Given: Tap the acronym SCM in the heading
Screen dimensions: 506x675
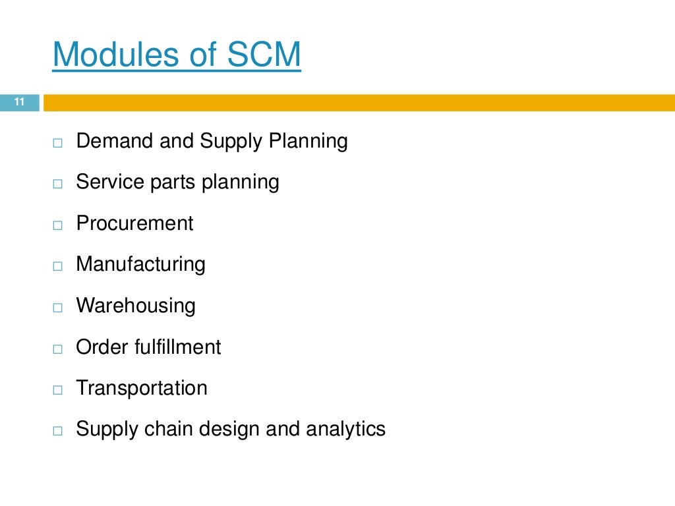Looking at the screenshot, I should (264, 55).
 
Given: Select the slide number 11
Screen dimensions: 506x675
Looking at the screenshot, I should (19, 102).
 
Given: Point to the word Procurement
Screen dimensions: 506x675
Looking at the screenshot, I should (134, 223).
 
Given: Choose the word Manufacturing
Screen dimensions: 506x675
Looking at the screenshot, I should (140, 264).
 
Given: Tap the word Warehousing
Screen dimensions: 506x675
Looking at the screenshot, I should (136, 306).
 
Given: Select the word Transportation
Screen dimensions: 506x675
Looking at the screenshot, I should (142, 388).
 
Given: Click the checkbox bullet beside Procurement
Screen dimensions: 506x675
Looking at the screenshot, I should (57, 225).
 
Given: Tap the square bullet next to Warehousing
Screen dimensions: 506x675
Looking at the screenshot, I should (57, 308).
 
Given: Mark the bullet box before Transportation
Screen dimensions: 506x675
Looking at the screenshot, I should (57, 390).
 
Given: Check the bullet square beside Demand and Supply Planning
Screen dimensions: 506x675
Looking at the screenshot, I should (57, 143).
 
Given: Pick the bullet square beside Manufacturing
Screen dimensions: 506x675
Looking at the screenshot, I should (57, 266).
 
